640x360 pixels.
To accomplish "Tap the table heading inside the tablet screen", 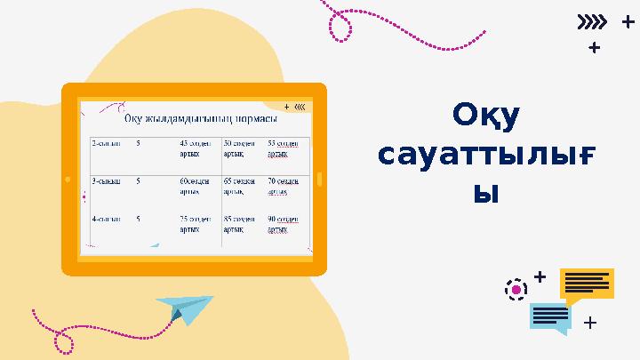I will click(201, 118).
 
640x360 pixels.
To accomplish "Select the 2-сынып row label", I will click(107, 142).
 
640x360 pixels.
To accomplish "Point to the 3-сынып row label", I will click(107, 180).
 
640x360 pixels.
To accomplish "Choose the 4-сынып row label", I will click(107, 218).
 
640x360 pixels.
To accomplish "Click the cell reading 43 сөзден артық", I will click(196, 148).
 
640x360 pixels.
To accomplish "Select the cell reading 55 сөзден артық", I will click(284, 148).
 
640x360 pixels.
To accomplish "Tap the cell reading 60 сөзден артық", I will click(195, 186).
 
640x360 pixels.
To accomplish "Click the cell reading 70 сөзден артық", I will click(284, 186).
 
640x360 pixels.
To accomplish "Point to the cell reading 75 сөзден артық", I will click(196, 223).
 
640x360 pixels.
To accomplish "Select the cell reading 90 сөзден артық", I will click(284, 223).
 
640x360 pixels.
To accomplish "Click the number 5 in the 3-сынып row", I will click(139, 180).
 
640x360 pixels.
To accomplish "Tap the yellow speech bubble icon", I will click(587, 285).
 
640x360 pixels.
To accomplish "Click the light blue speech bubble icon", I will click(550, 317).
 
